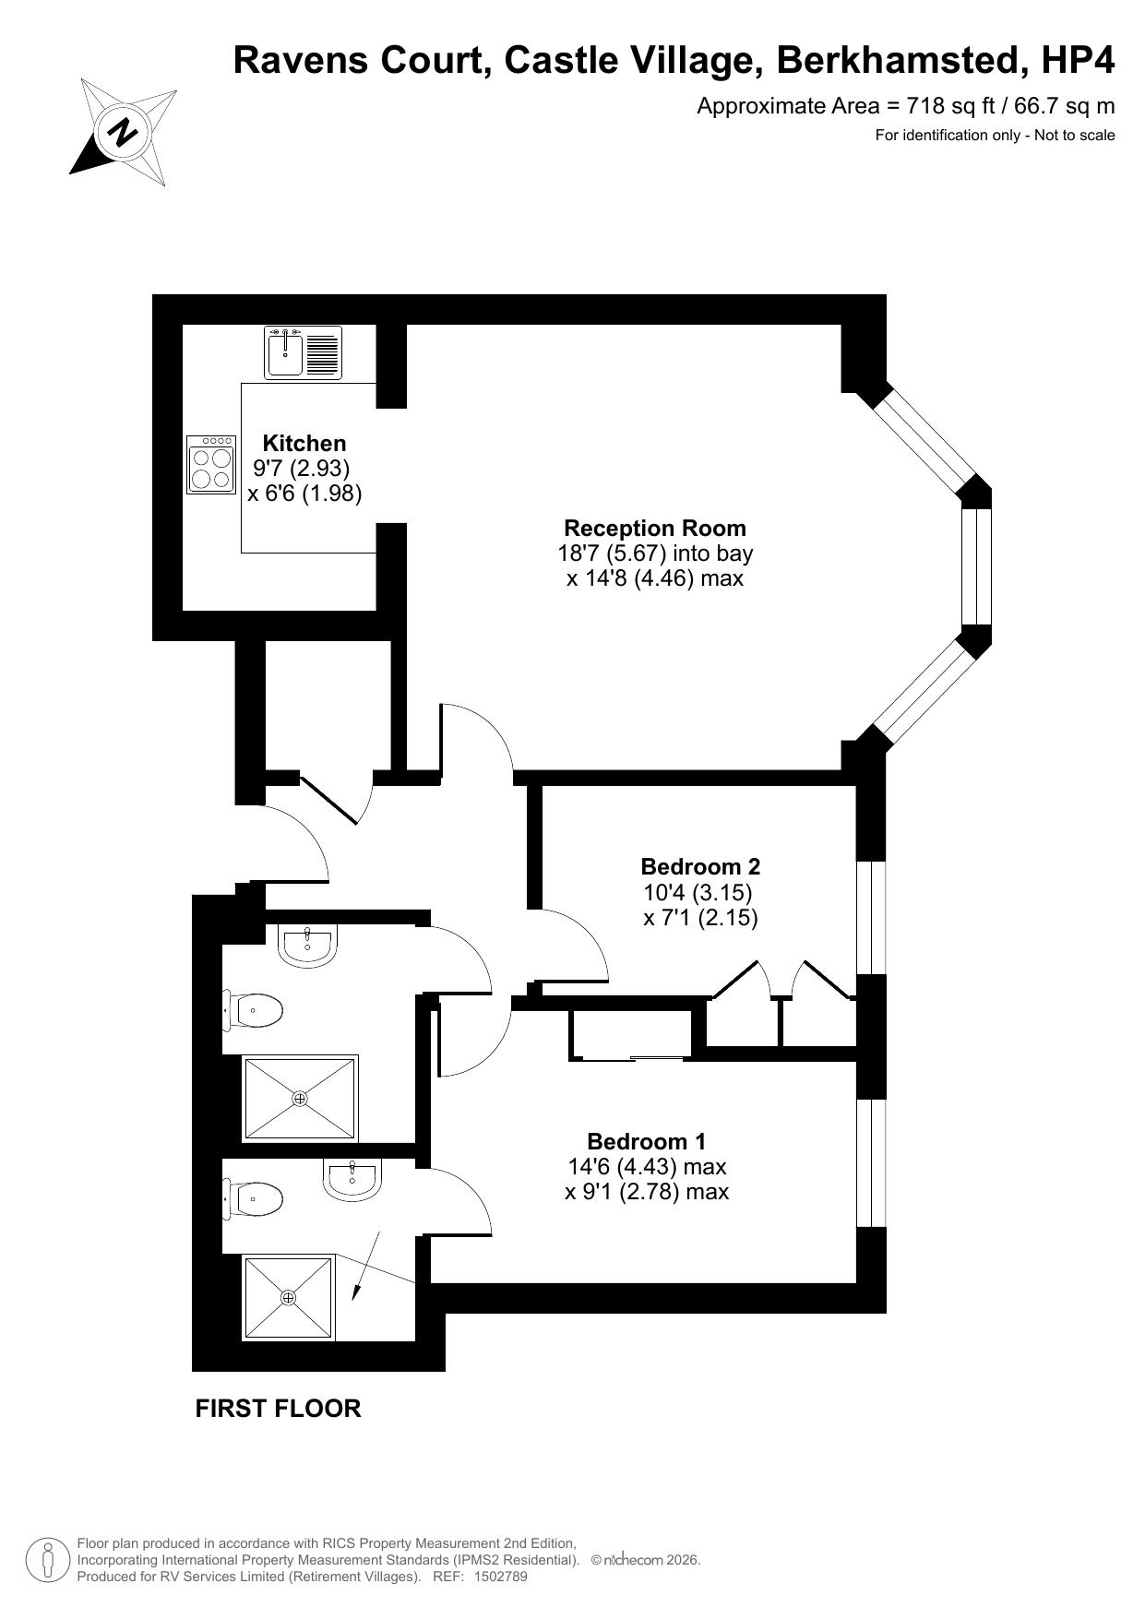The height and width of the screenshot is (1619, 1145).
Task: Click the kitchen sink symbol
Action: coord(303,352)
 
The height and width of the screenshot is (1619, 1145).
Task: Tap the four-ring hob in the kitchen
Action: coord(211,464)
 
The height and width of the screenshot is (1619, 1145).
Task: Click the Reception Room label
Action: coord(655,528)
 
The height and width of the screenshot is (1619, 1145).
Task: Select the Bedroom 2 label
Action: coord(700,866)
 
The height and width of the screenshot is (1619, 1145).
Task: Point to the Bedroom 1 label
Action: coord(647,1141)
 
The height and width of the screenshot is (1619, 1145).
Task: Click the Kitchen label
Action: coord(304,443)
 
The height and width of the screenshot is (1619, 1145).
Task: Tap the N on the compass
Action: coord(123,132)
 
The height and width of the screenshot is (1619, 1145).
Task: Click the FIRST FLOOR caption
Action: coord(278,1409)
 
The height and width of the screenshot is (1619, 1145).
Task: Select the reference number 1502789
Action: coord(500,1577)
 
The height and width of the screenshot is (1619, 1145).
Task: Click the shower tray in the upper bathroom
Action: coord(300,1098)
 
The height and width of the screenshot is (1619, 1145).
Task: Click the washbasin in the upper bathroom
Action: coord(307,946)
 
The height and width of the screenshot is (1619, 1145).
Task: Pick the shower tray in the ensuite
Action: coord(289,1297)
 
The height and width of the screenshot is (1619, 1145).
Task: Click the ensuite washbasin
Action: coord(352,1180)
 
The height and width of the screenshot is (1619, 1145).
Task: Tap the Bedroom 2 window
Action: coord(871,918)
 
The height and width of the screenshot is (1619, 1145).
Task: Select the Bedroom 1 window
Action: coord(871,1162)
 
